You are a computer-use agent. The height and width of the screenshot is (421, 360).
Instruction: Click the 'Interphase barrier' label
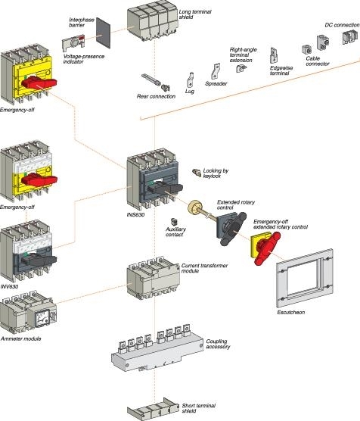coord(82,20)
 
